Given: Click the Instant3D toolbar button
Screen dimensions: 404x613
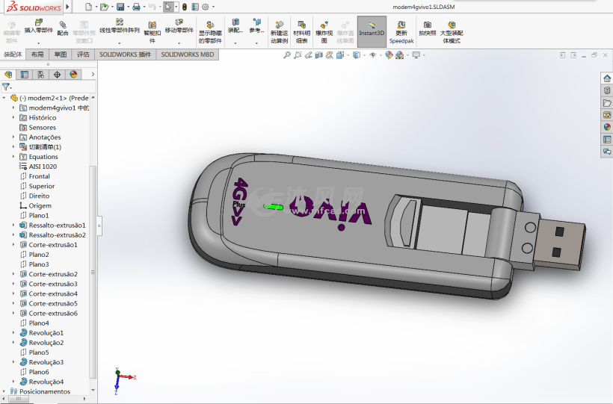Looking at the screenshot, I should click(372, 31).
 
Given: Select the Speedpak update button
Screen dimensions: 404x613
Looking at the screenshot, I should click(401, 32).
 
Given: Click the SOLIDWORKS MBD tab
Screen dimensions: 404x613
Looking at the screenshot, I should click(187, 55).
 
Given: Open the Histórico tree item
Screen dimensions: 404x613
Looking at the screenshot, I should click(42, 117).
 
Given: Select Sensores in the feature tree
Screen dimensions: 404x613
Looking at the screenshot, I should click(42, 128).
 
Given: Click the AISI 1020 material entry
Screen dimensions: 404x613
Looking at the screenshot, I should click(42, 167).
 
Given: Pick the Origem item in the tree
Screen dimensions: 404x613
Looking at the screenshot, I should click(40, 205).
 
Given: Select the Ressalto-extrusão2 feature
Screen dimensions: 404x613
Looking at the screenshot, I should click(57, 234).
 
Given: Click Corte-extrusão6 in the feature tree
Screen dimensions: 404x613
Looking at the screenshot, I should click(53, 313).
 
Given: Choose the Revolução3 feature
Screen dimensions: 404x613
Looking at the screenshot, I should click(46, 362).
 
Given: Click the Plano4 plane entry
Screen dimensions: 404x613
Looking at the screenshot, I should click(39, 323).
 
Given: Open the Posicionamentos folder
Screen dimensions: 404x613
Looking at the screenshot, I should click(44, 391).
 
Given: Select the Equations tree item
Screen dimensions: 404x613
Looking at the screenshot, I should click(43, 157).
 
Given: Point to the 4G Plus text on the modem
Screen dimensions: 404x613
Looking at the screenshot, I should click(239, 199).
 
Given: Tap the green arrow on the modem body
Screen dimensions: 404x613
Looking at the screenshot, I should click(274, 207).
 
